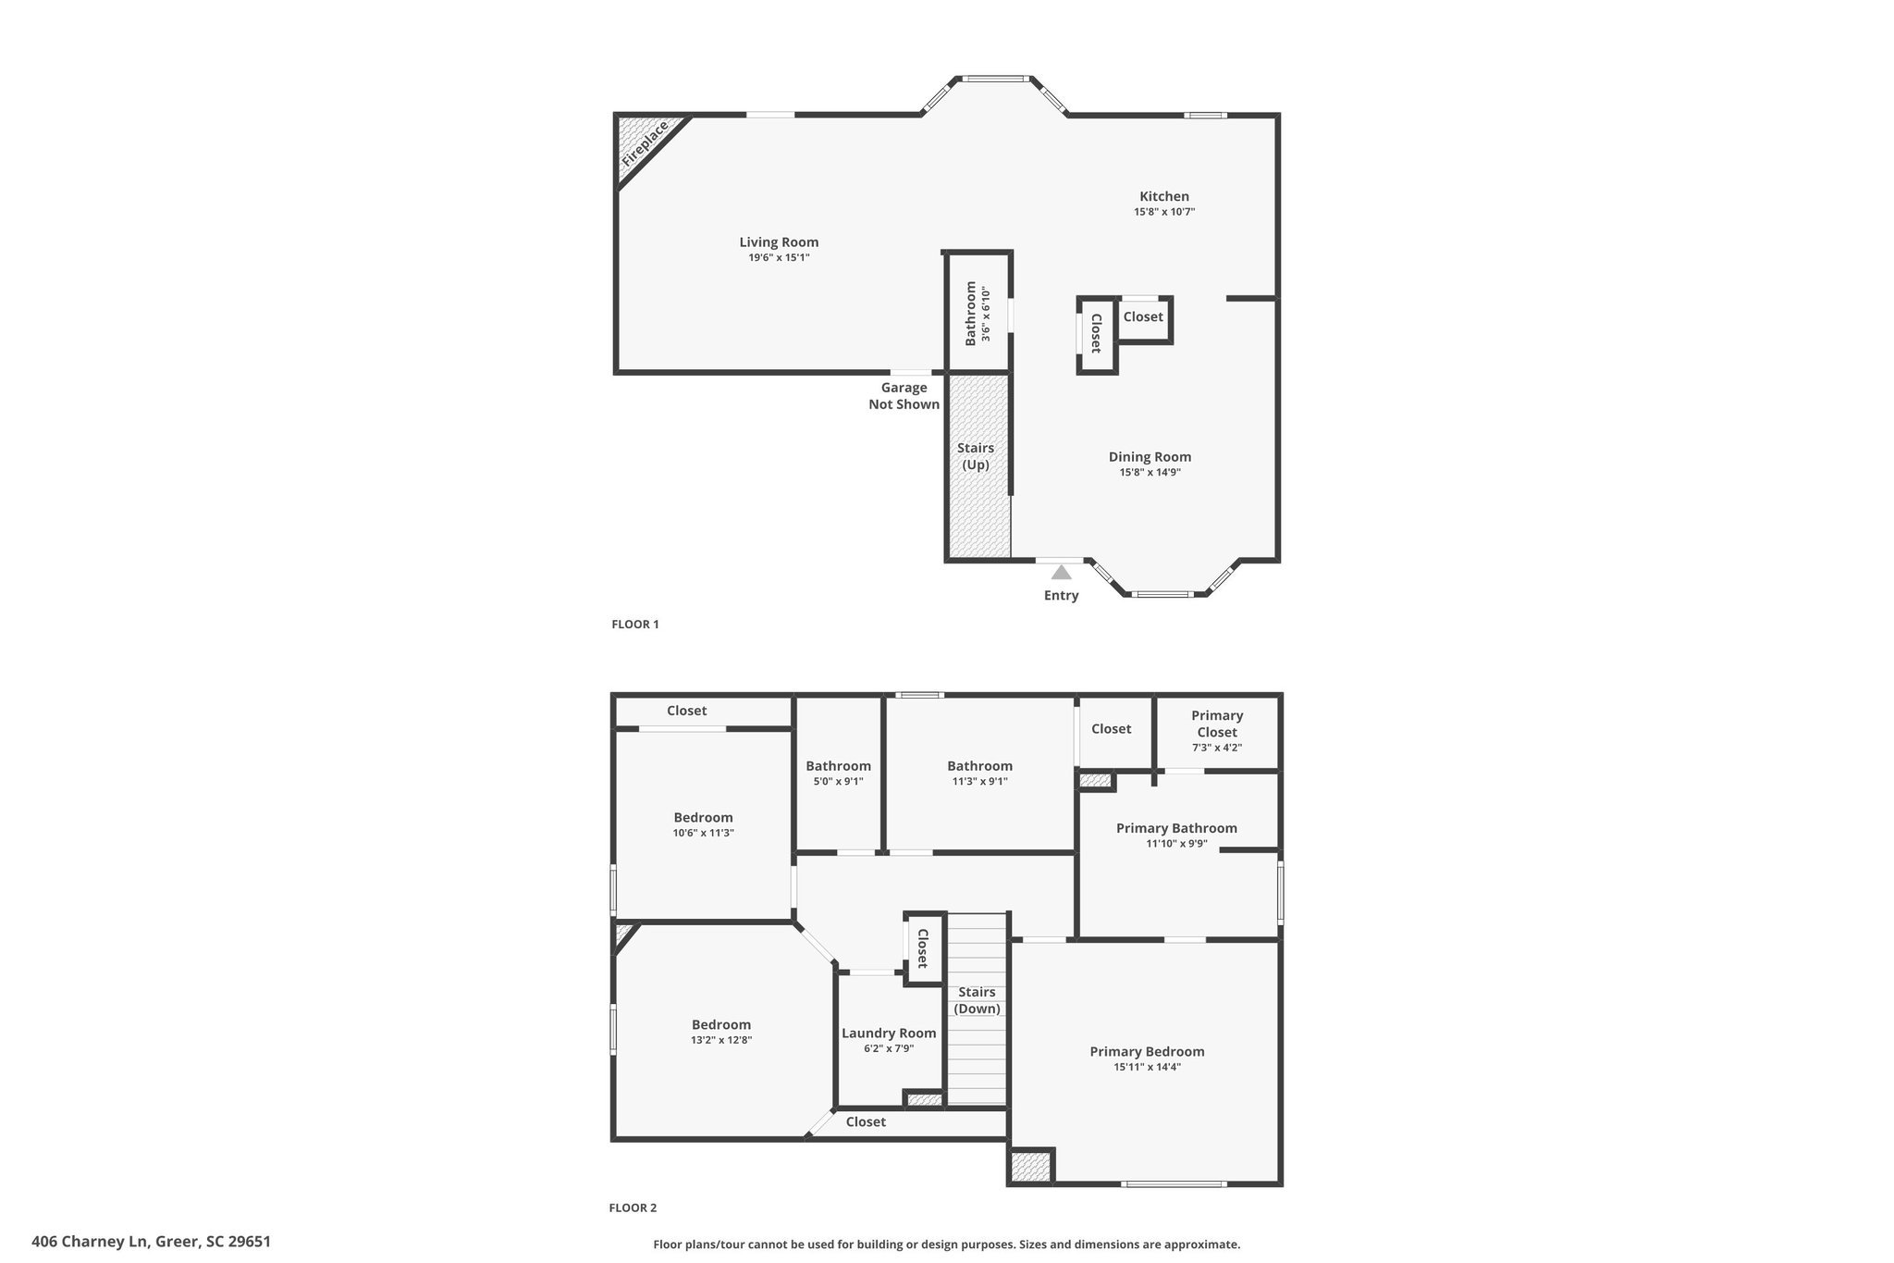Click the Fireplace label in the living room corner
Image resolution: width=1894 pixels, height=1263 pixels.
click(645, 143)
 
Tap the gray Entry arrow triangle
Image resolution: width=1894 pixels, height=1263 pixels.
click(1061, 572)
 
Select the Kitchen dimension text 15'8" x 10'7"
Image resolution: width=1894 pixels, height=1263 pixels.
click(1164, 212)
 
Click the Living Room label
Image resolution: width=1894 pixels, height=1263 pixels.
click(779, 242)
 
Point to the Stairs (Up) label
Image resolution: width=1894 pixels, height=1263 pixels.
click(976, 456)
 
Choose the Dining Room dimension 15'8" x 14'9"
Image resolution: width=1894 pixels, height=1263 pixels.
click(1150, 473)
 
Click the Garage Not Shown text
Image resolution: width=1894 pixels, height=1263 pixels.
click(904, 396)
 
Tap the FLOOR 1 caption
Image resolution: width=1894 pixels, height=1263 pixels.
click(635, 625)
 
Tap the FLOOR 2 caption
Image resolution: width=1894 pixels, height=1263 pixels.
click(633, 1207)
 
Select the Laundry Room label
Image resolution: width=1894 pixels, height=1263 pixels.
click(889, 1034)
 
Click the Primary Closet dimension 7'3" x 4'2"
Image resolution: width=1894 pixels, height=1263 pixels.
click(1216, 748)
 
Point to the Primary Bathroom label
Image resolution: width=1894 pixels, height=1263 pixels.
click(1176, 828)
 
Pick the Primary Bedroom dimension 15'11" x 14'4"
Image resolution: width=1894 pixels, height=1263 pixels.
click(1147, 1067)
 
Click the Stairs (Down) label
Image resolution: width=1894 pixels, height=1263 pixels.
click(977, 1000)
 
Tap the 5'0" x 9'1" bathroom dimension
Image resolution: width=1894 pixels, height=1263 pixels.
click(838, 782)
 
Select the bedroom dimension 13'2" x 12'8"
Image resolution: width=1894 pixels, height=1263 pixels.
click(721, 1040)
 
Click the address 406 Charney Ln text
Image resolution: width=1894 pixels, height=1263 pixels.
click(90, 1242)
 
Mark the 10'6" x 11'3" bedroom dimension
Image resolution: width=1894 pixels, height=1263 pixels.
click(703, 834)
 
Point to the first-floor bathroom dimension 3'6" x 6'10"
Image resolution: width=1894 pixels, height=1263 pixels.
click(986, 314)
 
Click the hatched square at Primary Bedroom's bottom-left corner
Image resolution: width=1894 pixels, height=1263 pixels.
click(1030, 1166)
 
